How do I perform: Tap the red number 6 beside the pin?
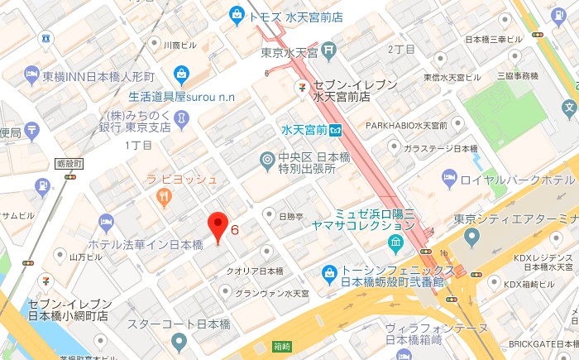pos(235,229)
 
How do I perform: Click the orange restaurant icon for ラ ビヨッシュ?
pos(163,196)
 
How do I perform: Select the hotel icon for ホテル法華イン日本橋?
pos(106,223)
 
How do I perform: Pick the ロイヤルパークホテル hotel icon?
pos(449,178)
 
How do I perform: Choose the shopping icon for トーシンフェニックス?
pos(329,271)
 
